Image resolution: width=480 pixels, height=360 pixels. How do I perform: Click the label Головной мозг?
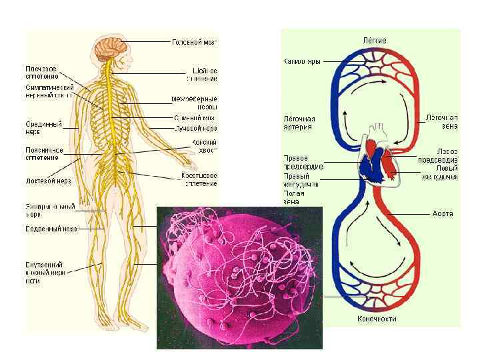195,42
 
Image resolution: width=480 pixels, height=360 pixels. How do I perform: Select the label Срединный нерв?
43,127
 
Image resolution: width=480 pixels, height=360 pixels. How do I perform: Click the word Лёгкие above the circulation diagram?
374,41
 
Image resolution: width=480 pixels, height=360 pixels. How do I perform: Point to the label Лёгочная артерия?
299,123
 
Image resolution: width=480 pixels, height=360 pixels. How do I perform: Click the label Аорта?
442,214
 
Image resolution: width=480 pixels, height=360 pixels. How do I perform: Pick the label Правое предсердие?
303,162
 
